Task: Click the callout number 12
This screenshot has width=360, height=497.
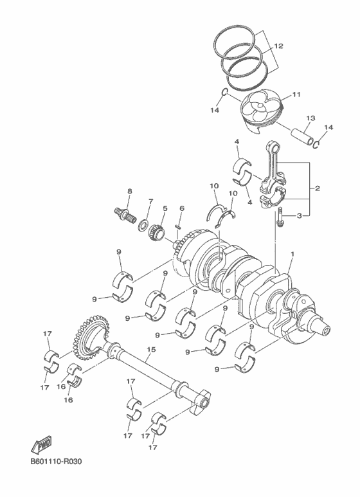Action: click(278, 46)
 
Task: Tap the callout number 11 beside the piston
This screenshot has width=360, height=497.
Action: click(296, 95)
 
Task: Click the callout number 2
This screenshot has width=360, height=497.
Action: click(317, 188)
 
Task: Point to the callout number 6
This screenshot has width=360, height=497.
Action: click(182, 208)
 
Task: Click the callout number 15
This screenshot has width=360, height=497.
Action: click(151, 351)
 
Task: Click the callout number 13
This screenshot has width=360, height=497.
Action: click(310, 118)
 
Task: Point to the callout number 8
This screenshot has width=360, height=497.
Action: click(129, 191)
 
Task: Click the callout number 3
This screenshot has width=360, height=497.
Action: click(299, 216)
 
